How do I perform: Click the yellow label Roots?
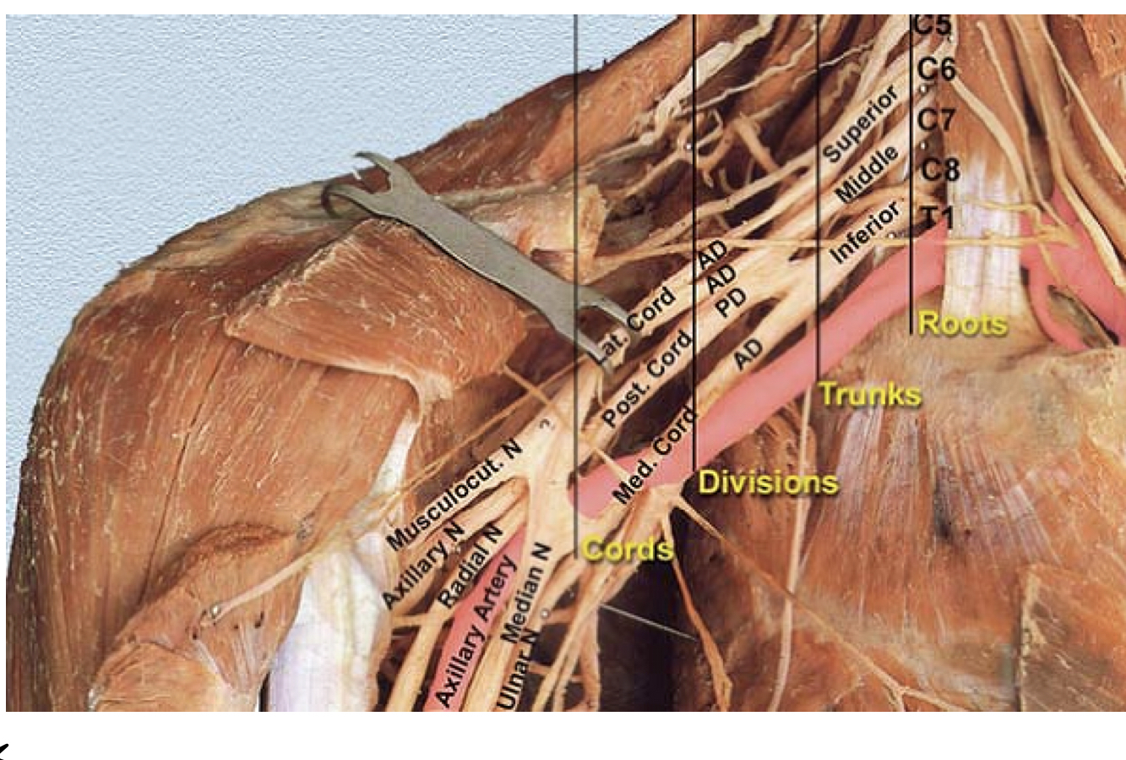pyautogui.click(x=962, y=324)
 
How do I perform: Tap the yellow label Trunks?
pyautogui.click(x=870, y=395)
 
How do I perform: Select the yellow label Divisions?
pyautogui.click(x=768, y=483)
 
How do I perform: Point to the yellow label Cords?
pyautogui.click(x=628, y=550)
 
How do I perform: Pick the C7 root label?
pyautogui.click(x=936, y=120)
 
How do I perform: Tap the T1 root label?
pyautogui.click(x=937, y=218)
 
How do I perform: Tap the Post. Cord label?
pyautogui.click(x=646, y=380)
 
